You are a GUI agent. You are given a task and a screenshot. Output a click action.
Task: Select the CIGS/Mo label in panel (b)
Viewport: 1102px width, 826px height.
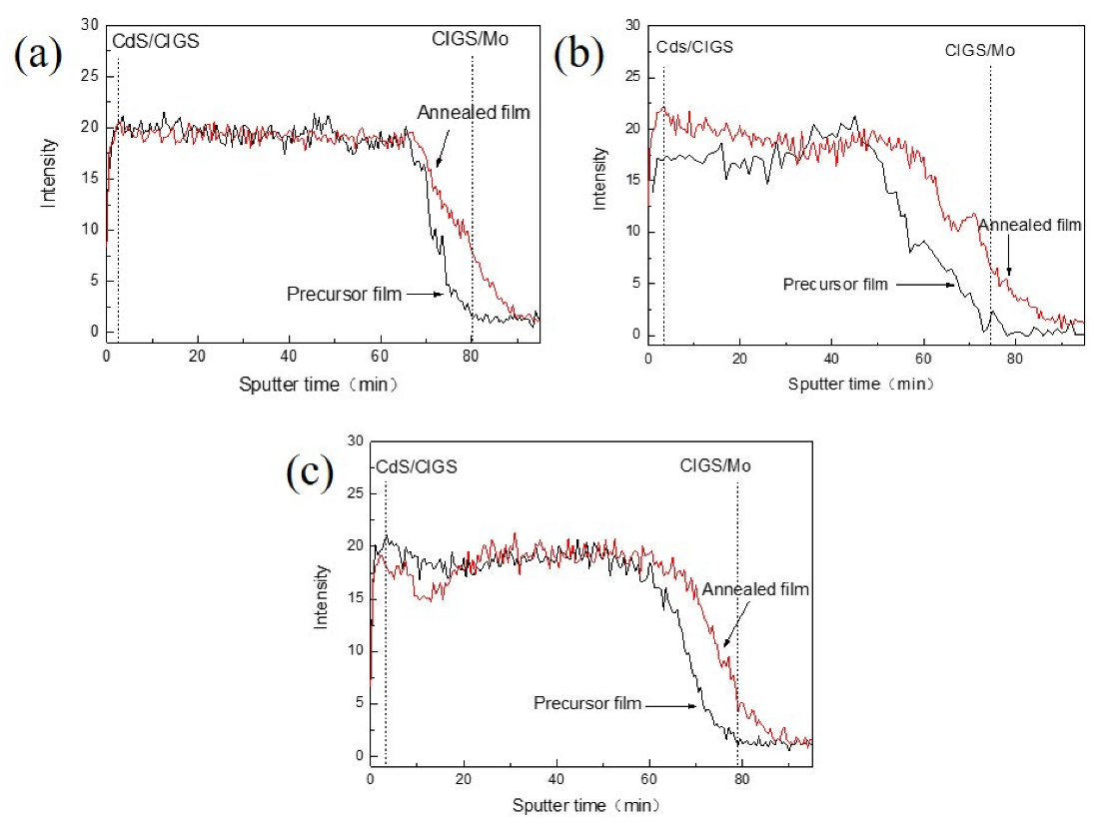pos(980,48)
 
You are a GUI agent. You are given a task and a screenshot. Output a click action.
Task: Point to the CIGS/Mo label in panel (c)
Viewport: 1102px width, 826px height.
pos(715,465)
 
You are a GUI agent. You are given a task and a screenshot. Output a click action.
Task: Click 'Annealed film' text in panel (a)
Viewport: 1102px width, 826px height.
pos(474,112)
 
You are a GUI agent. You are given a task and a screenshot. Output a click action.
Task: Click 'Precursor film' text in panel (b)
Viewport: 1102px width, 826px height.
pos(834,284)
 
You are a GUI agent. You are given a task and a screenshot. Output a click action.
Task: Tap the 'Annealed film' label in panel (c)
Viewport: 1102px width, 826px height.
pos(754,590)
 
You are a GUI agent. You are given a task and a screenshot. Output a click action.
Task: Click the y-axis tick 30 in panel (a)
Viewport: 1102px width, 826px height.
pos(91,25)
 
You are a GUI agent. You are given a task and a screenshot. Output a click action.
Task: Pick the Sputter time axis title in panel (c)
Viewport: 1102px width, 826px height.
pos(586,805)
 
